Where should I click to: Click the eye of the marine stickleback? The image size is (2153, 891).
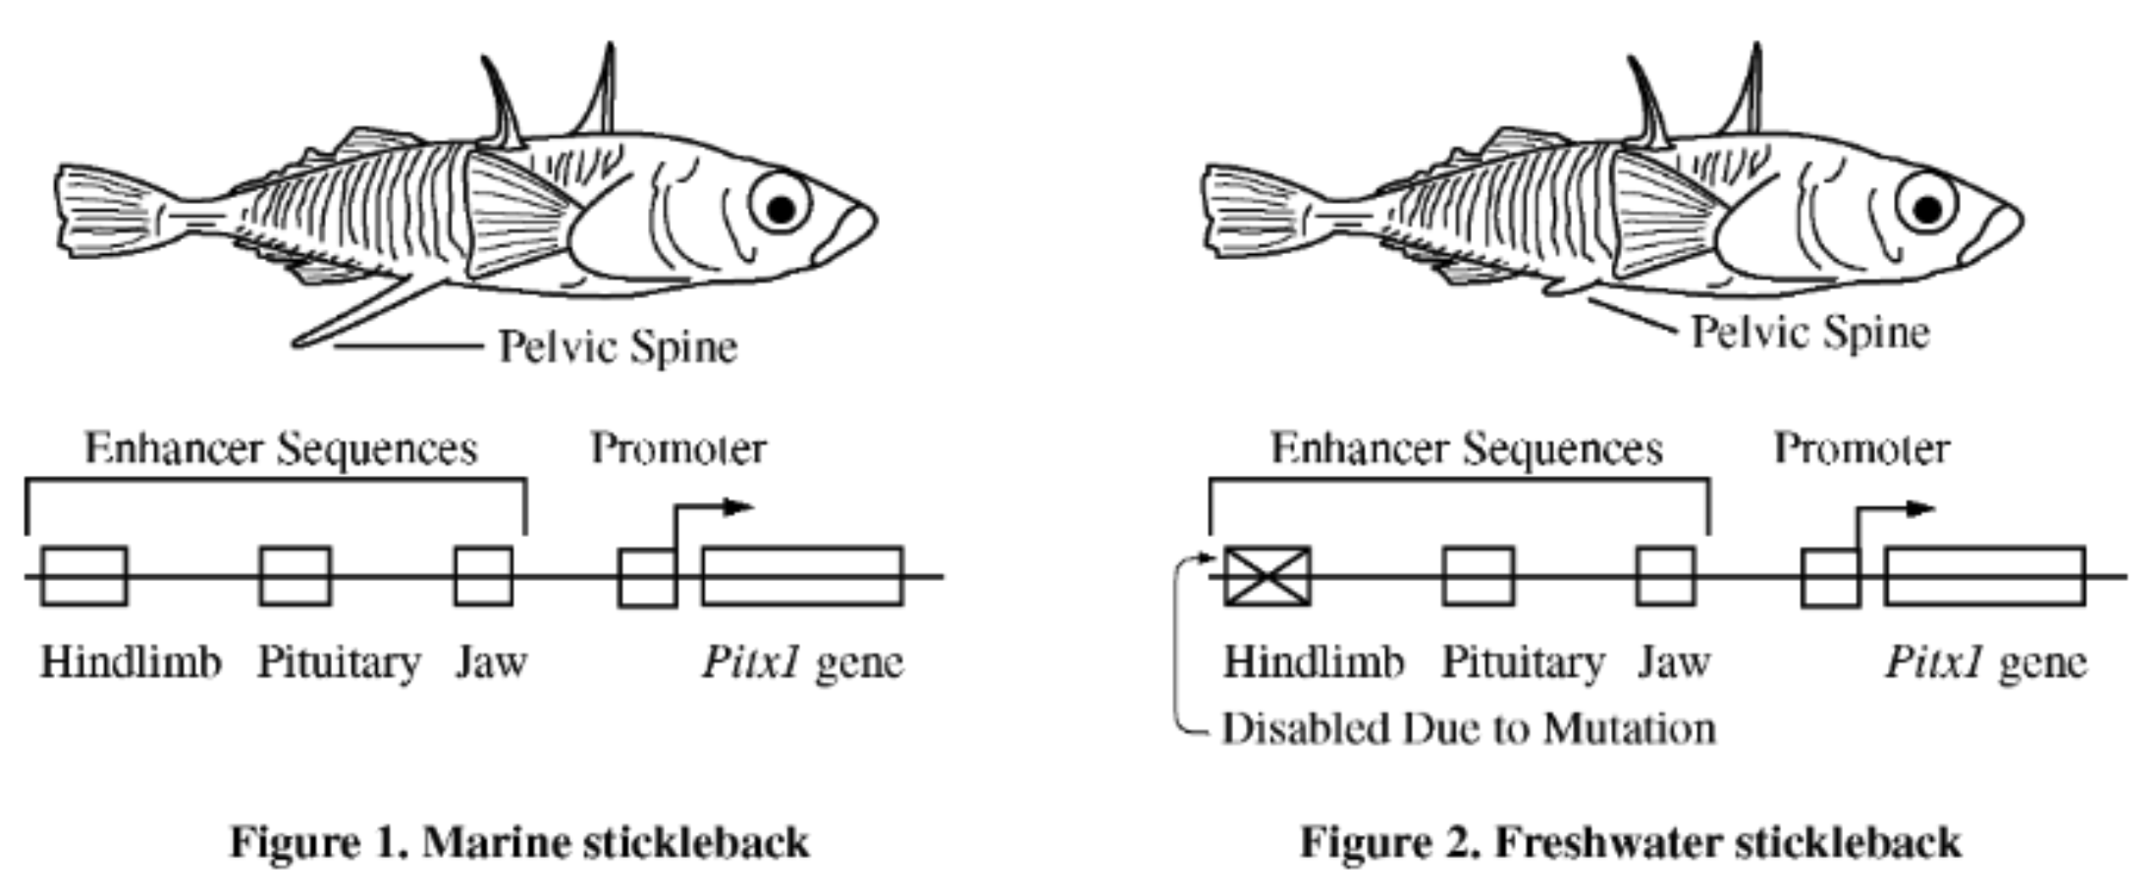781,206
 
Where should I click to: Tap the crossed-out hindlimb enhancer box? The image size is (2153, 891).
1267,577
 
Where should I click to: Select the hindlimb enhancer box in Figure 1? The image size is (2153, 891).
85,577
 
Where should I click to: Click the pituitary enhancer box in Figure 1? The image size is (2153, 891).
295,577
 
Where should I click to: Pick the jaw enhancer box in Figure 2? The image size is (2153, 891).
1665,577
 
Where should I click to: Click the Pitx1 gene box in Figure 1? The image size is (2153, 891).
802,577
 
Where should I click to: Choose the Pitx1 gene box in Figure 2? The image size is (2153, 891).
1984,577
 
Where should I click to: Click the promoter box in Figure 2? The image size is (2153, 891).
1829,578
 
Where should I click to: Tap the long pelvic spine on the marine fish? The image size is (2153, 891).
364,313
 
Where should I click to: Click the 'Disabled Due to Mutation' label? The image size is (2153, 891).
1469,729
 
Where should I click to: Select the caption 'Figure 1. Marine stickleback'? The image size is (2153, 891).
520,843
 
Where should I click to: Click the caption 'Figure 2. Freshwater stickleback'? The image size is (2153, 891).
1630,843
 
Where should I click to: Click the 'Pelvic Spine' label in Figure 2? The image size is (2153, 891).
1810,332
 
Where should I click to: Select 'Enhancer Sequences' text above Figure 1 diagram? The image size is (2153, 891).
281,448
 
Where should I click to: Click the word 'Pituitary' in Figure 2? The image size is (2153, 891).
1523,662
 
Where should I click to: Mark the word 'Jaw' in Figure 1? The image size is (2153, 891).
491,662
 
